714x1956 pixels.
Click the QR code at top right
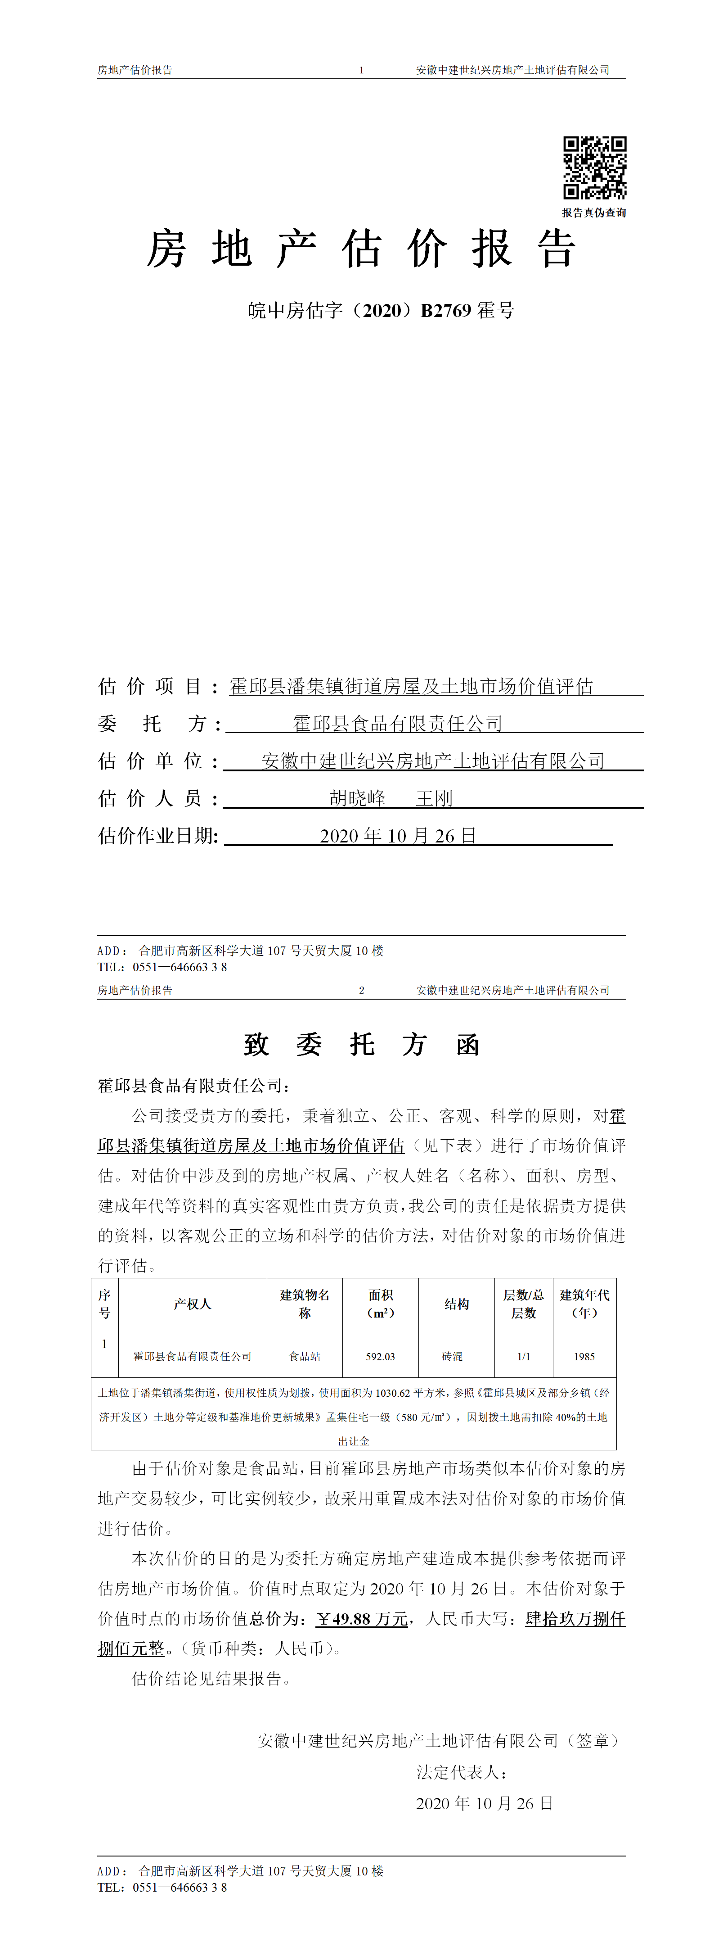(594, 168)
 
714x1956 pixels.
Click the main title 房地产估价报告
(361, 249)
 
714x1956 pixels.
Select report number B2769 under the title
(446, 311)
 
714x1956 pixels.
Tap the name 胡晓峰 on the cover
(357, 798)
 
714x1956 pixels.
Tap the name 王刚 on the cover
(434, 798)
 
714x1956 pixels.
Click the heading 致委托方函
(361, 1045)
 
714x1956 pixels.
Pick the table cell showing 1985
(584, 1356)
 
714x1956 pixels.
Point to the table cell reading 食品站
(304, 1356)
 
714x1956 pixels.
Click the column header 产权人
(192, 1304)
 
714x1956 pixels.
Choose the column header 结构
(456, 1304)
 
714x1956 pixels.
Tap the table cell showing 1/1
(524, 1356)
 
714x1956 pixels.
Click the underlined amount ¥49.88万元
(362, 1619)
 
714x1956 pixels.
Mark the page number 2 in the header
(361, 990)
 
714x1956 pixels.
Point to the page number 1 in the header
(361, 70)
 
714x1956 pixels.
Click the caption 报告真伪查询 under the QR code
(594, 213)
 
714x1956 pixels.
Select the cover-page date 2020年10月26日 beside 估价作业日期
(398, 836)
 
